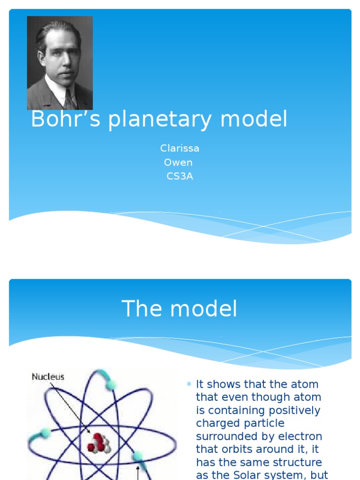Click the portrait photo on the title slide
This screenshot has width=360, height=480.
pos(60,63)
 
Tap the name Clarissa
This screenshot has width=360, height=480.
pos(180,149)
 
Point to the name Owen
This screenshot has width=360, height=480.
pos(178,163)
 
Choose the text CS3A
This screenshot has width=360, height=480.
pos(180,177)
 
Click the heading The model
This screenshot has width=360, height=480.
pos(180,309)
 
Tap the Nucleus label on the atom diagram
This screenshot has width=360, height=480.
pos(48,376)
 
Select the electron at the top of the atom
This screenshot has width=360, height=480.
pos(112,384)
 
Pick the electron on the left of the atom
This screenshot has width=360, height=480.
pos(45,433)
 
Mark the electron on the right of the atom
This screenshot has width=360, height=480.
pos(137,456)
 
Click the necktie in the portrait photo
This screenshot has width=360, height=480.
pos(69,99)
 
